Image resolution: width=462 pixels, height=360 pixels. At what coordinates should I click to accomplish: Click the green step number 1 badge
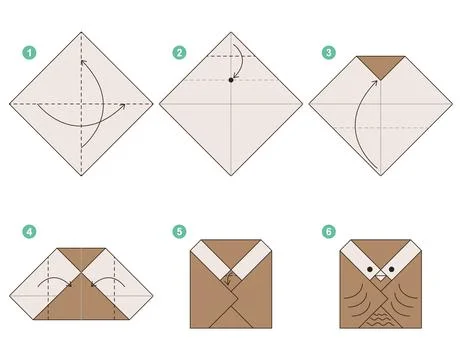point(30,52)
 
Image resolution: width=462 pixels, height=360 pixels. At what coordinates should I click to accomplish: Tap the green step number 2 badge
point(179,52)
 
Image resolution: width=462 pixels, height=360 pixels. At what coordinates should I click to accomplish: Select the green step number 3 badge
point(328,52)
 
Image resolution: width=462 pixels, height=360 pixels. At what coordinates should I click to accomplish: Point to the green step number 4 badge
point(30,232)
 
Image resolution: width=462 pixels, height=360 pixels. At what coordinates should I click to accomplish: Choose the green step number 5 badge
point(179,232)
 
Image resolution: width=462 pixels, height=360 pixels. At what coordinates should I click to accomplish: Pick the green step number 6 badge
point(328,232)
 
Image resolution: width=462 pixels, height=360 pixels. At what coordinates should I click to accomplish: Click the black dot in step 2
point(231,79)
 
